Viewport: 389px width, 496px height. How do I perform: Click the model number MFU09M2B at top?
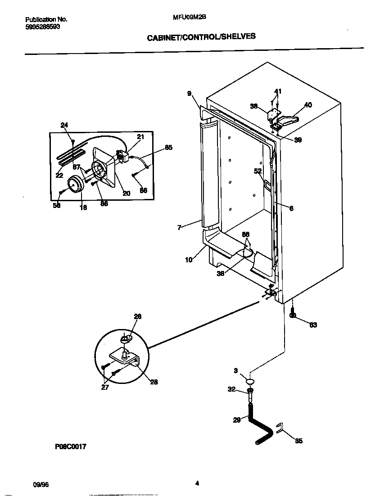186,18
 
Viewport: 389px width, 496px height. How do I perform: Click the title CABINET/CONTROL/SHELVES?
201,37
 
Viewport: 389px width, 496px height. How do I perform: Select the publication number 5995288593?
43,27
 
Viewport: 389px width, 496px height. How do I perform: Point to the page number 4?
197,484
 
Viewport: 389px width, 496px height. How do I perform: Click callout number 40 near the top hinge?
308,105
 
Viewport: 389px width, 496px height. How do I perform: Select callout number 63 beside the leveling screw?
313,325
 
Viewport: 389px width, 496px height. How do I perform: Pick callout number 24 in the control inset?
64,125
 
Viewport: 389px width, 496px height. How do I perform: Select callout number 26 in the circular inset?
137,316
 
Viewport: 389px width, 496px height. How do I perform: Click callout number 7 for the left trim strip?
179,228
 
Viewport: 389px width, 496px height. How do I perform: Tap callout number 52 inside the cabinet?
258,171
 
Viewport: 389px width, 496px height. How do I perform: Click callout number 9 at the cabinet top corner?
190,94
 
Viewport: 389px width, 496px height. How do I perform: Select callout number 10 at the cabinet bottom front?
188,260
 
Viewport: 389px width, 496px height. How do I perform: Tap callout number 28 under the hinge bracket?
154,382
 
